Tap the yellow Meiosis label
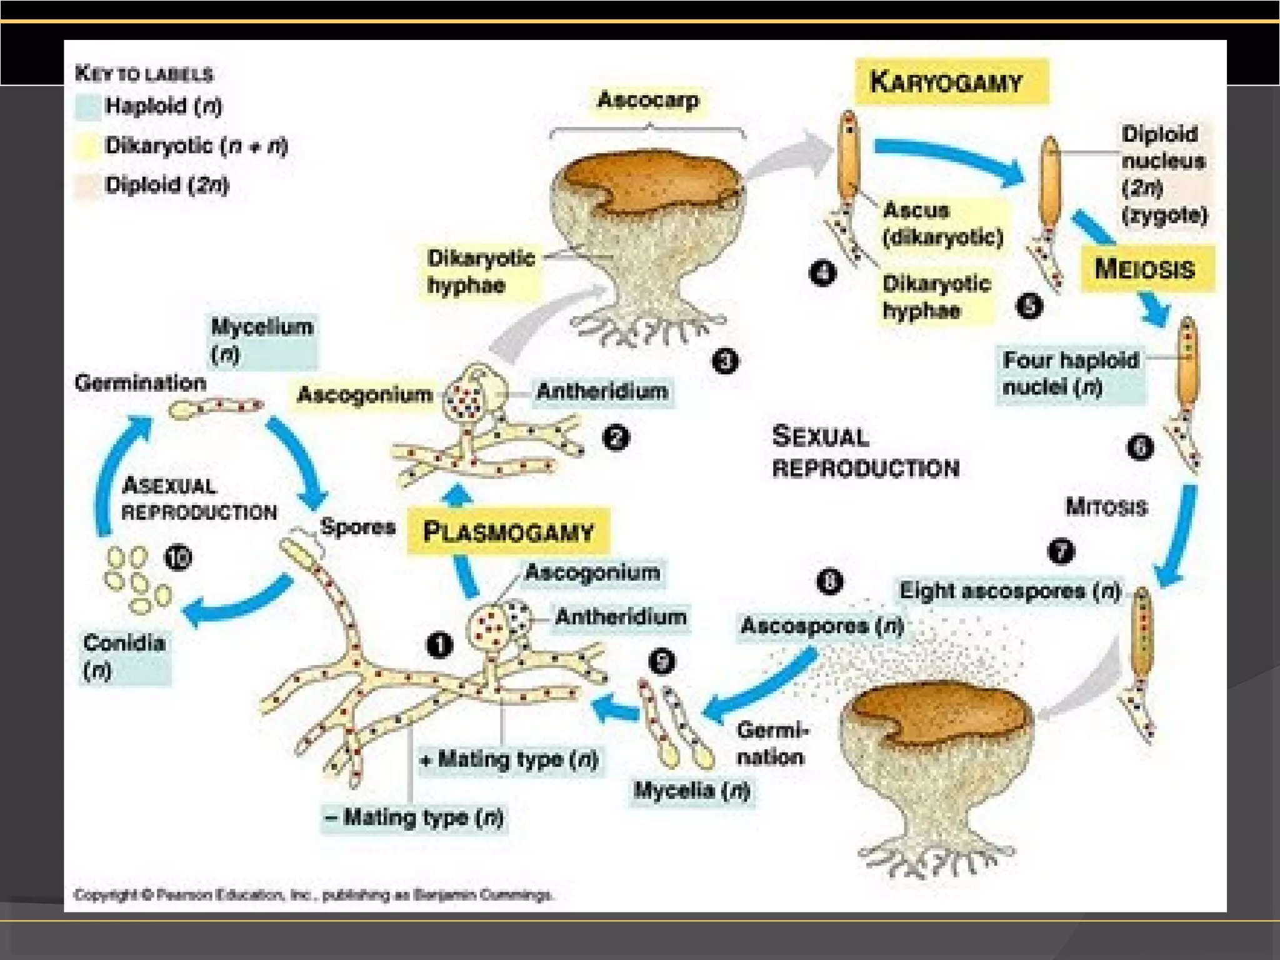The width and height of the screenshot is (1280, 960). click(x=1147, y=269)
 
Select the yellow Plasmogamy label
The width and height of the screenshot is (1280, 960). click(x=508, y=532)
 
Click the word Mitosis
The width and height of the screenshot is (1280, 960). click(x=1106, y=506)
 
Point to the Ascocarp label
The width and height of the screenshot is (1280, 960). click(x=648, y=100)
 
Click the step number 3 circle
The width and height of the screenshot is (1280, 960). click(x=725, y=361)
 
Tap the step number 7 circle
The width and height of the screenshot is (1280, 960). click(x=1061, y=551)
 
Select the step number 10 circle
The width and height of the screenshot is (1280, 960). click(x=178, y=557)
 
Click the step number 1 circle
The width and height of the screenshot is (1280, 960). click(x=439, y=645)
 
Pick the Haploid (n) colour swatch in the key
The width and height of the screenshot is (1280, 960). click(x=87, y=107)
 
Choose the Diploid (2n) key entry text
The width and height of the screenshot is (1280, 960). click(x=167, y=185)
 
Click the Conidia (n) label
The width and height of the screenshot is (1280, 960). click(x=124, y=656)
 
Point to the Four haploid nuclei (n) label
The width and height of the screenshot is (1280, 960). click(x=1070, y=373)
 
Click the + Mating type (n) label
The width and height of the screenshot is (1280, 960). click(x=510, y=759)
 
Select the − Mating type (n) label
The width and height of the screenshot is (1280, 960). click(x=415, y=817)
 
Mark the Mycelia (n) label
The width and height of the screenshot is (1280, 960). click(x=691, y=790)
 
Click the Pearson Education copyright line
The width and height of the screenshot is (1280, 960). click(x=312, y=895)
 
